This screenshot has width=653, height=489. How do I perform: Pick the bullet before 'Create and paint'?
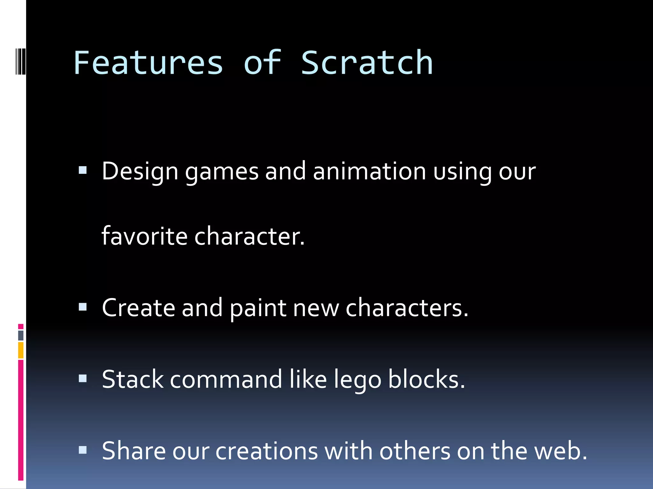pyautogui.click(x=83, y=307)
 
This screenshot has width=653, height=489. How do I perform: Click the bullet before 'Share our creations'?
pyautogui.click(x=83, y=450)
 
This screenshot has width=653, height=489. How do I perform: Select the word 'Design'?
pyautogui.click(x=140, y=172)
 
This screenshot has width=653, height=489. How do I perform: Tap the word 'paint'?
pyautogui.click(x=258, y=308)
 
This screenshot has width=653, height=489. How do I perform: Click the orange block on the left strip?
pyautogui.click(x=21, y=350)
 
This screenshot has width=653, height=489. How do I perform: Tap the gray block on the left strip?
pyautogui.click(x=21, y=335)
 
